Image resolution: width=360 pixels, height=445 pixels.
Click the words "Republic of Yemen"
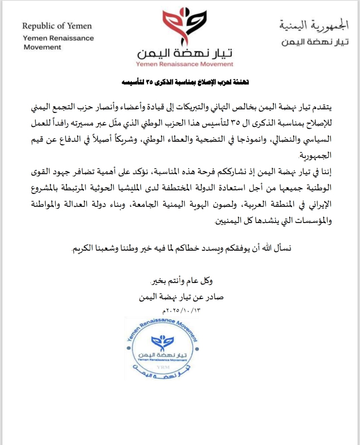57,26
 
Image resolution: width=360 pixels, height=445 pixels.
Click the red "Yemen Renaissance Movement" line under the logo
184,64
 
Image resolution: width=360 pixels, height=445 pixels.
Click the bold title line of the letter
185,82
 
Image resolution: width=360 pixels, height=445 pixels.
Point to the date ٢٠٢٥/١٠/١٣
182,311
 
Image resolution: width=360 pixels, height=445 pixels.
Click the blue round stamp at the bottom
163,349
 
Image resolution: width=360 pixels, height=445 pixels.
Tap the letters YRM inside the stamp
163,367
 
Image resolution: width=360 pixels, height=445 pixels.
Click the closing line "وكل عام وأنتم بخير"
182,281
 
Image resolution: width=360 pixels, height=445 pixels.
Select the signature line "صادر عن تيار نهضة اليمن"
181,297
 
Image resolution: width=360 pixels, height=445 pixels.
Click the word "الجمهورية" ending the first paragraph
315,155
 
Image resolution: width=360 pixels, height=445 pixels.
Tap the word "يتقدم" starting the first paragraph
321,107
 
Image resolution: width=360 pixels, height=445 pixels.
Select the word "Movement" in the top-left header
42,47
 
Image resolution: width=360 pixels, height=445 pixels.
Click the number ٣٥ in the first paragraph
235,123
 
